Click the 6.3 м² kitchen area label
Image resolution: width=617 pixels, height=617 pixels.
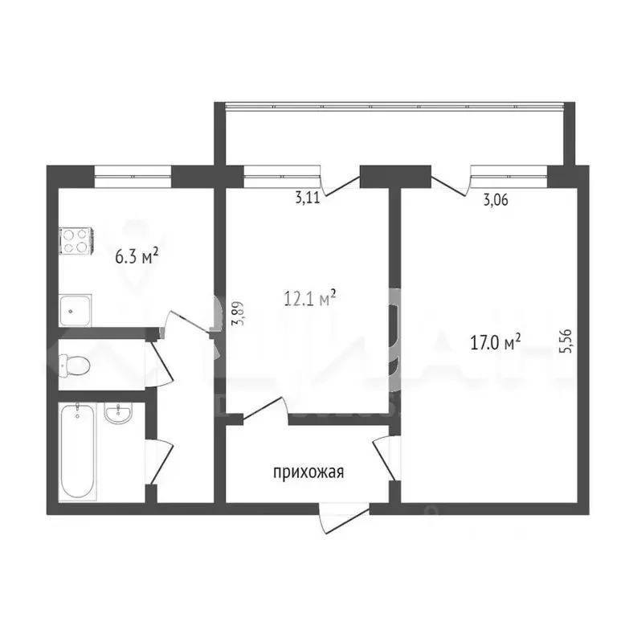point(136,257)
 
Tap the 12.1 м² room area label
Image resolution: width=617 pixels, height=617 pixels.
point(308,300)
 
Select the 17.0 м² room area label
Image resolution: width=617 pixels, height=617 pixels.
point(495,343)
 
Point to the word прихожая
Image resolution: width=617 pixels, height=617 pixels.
point(308,472)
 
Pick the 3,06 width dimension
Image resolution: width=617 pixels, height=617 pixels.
point(495,200)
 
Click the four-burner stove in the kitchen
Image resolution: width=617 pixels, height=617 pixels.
point(76,239)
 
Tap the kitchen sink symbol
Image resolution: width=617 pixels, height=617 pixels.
point(76,308)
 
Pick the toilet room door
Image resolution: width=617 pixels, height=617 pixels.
point(161,366)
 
